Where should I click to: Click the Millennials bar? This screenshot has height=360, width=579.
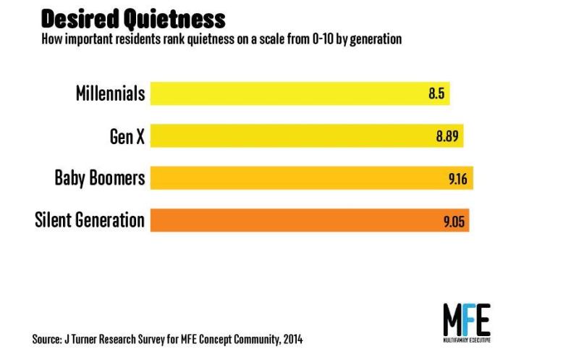click(x=300, y=93)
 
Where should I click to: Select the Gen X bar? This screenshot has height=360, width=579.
click(x=307, y=135)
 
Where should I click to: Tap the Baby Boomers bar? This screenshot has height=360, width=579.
click(x=312, y=177)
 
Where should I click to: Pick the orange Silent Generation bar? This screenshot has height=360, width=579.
click(x=310, y=220)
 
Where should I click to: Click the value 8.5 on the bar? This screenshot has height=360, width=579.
click(x=436, y=93)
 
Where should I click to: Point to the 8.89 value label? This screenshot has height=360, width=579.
click(x=447, y=136)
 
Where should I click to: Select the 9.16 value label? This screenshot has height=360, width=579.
click(x=458, y=179)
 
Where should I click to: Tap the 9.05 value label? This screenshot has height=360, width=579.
click(x=454, y=222)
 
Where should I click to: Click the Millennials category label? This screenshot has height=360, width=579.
click(x=111, y=93)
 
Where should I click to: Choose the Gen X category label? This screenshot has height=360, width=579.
click(x=127, y=136)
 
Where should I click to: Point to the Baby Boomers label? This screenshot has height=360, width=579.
click(x=100, y=178)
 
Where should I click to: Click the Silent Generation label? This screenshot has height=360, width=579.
click(x=90, y=220)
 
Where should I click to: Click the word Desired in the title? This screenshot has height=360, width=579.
click(x=80, y=19)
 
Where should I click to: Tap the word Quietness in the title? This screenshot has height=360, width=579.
click(x=174, y=20)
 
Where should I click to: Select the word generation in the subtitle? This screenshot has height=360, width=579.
click(x=376, y=39)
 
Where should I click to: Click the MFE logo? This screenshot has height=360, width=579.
click(x=467, y=320)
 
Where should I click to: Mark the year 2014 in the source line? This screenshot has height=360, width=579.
click(x=293, y=339)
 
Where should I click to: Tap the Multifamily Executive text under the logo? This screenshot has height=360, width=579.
click(x=467, y=340)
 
